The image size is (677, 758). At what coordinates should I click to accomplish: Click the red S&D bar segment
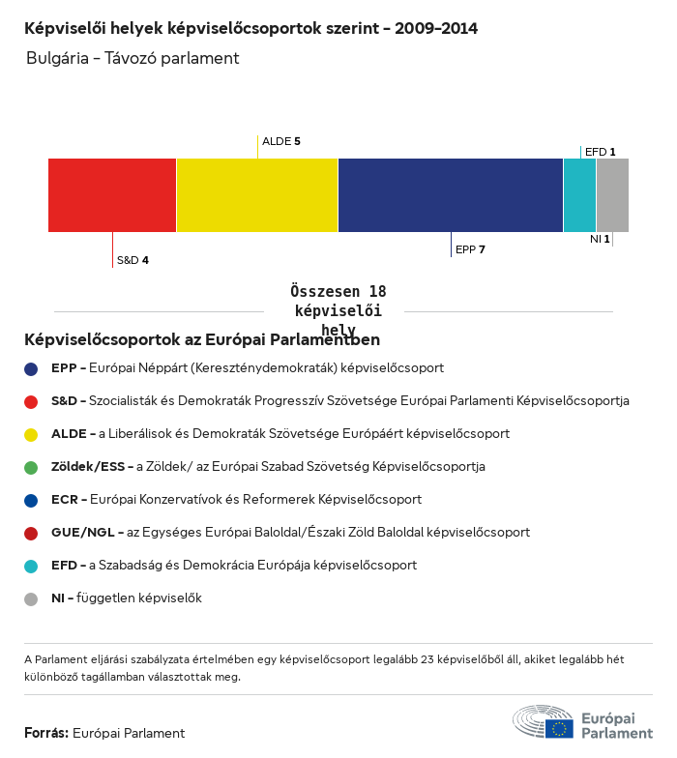[112, 195]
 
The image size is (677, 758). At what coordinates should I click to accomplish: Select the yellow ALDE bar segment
[257, 195]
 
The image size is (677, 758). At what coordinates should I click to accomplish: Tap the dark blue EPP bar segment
[451, 195]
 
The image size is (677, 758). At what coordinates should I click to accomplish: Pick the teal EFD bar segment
[579, 195]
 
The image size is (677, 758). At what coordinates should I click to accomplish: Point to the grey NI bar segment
[612, 195]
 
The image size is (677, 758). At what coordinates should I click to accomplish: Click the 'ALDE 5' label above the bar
[281, 141]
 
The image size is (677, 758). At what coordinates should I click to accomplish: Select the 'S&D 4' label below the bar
[132, 260]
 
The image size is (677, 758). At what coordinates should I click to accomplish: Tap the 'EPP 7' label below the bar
[470, 249]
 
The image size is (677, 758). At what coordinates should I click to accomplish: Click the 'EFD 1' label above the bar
[601, 152]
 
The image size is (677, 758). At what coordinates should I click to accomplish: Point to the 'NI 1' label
[600, 238]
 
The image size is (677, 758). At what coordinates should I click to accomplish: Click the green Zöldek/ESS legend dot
[31, 467]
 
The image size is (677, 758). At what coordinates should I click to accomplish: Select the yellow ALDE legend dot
[31, 434]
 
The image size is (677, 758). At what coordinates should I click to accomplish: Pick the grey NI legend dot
[31, 598]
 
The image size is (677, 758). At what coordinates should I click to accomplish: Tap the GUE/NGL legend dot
[31, 533]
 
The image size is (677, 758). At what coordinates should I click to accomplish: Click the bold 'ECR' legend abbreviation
[65, 500]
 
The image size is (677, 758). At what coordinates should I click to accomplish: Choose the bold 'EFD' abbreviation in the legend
[65, 566]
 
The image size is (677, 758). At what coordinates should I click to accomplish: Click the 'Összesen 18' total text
[338, 291]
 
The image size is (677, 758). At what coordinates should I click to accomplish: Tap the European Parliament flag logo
[558, 728]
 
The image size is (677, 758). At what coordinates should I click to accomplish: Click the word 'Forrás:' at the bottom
[46, 733]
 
